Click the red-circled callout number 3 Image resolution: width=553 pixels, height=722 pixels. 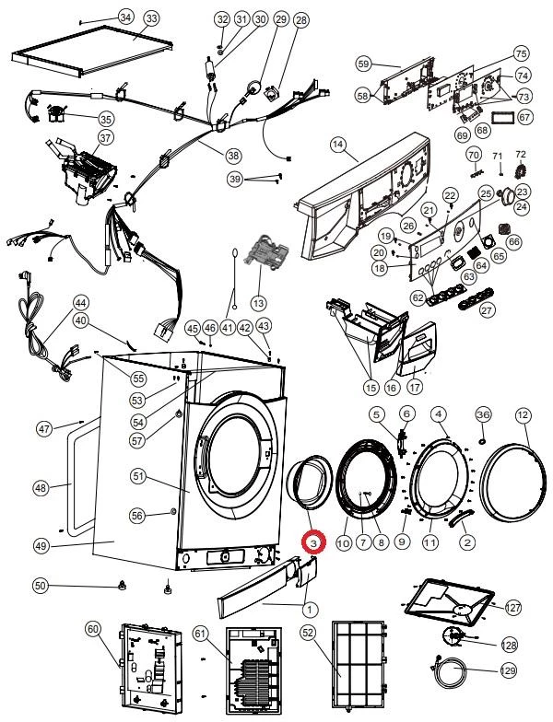(x=314, y=545)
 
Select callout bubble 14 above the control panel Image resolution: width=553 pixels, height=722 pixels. (x=337, y=145)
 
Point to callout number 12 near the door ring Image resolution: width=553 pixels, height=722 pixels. (x=523, y=415)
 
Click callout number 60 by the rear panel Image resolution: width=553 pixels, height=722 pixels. (x=92, y=628)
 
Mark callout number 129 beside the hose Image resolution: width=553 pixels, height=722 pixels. (x=506, y=671)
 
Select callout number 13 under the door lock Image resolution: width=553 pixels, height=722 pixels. (x=258, y=302)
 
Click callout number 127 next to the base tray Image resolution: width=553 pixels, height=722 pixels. (x=512, y=608)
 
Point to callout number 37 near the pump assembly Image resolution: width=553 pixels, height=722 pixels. (x=105, y=138)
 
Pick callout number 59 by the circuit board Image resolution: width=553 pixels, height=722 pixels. (x=362, y=64)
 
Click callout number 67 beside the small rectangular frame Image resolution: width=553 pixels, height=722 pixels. (x=524, y=118)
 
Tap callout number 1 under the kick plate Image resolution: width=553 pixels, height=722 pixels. (x=310, y=609)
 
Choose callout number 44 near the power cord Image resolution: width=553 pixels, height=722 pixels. (x=81, y=303)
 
